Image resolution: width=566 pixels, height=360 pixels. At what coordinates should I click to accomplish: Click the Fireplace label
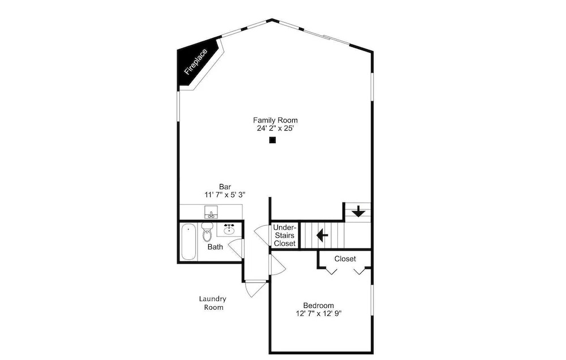196,62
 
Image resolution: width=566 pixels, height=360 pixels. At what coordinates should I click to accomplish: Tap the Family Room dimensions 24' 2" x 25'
275,128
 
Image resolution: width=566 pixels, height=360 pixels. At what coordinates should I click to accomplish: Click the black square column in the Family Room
273,140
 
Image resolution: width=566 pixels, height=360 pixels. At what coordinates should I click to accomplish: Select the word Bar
225,187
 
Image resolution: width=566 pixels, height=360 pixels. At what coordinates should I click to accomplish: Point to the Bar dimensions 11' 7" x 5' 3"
225,195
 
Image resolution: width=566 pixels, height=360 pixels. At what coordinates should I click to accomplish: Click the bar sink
211,212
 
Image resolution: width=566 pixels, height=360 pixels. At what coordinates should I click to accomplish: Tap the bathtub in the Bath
188,242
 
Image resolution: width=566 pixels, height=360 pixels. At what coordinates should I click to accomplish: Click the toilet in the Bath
207,232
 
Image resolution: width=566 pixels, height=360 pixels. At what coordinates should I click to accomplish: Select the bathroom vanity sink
229,229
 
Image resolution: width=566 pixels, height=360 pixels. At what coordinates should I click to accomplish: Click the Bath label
215,247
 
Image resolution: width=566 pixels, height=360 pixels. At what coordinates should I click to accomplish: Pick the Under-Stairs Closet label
285,235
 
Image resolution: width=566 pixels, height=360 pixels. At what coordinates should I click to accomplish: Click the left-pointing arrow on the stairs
322,235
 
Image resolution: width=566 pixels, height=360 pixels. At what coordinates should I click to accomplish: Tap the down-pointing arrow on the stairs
358,211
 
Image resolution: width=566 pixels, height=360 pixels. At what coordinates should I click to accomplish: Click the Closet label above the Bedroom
345,259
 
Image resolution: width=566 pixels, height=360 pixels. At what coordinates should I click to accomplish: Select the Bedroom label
318,306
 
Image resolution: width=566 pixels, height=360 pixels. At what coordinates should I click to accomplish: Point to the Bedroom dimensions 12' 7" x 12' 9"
318,314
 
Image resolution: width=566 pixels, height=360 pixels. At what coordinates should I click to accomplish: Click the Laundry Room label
213,303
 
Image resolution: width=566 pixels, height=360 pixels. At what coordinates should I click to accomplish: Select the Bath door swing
235,248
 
